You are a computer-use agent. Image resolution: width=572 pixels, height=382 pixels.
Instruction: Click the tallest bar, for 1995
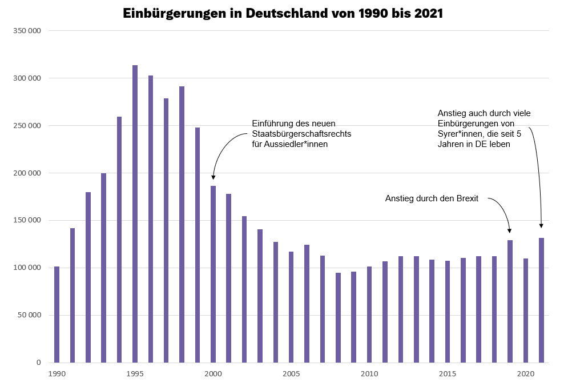tap(135, 214)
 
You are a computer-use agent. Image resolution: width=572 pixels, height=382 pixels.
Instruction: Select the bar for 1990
tap(57, 315)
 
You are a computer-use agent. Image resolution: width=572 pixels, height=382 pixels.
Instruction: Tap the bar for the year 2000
tap(213, 274)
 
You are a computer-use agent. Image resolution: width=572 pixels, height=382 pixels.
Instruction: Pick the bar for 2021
tap(541, 300)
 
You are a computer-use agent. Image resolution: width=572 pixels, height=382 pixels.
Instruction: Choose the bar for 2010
tap(369, 315)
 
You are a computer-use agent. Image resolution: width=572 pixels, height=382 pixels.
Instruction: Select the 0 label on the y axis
tap(39, 363)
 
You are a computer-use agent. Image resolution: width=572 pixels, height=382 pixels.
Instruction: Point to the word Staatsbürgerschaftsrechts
tap(301, 134)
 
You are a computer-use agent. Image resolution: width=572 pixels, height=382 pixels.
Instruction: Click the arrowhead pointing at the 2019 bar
tap(509, 230)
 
